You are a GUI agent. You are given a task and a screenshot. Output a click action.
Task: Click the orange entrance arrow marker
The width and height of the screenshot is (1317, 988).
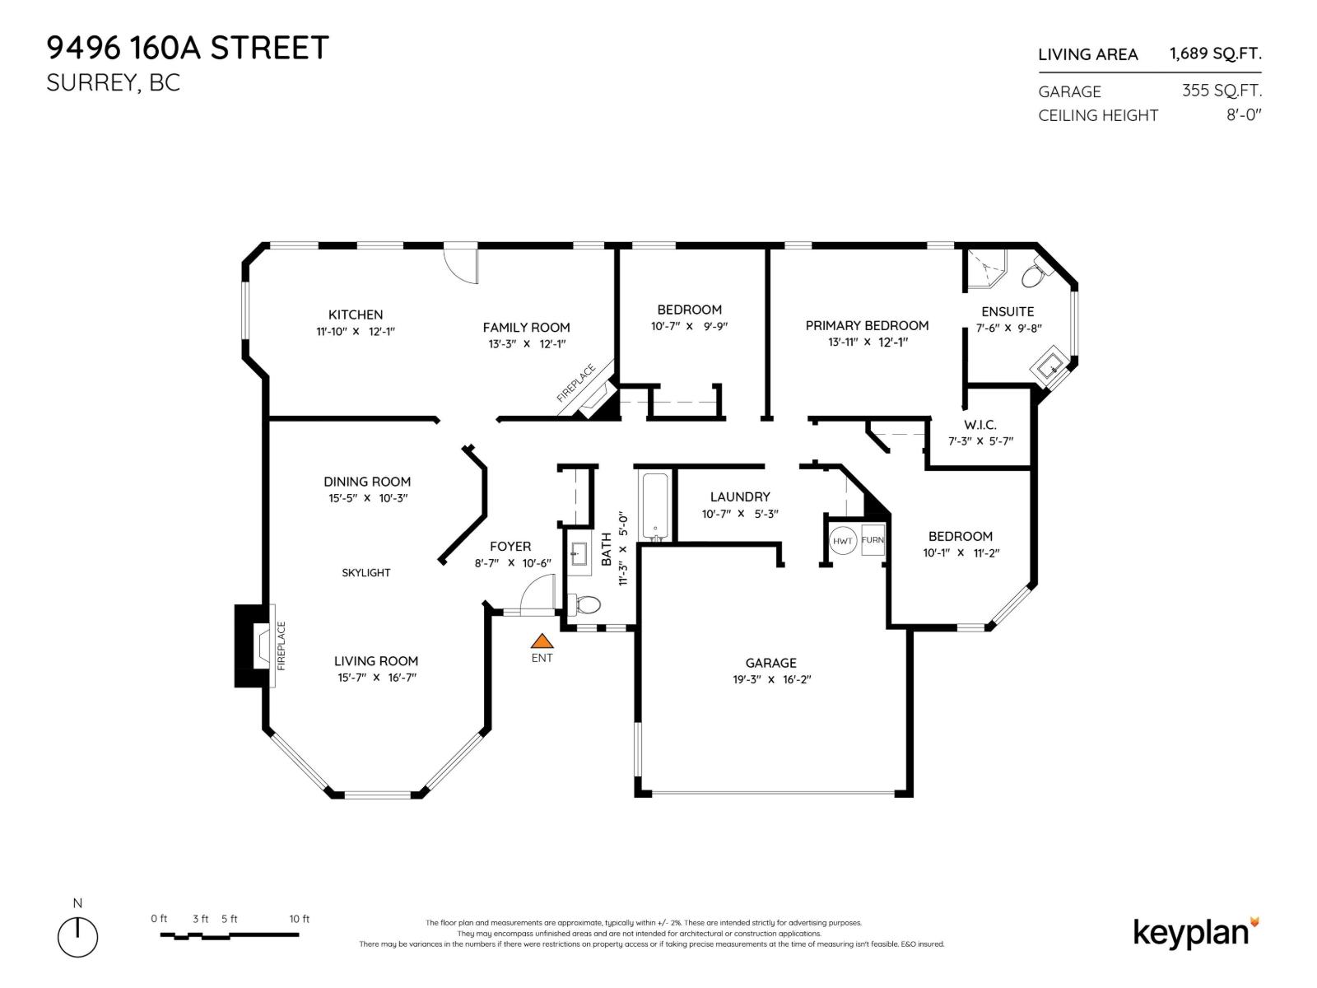[x=541, y=641]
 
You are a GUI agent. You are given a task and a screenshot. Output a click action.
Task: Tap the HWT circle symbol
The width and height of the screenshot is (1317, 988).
[x=843, y=541]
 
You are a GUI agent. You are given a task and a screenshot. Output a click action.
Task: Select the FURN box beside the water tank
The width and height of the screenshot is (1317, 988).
[x=873, y=540]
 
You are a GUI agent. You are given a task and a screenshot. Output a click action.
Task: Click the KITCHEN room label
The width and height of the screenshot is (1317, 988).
[x=356, y=315]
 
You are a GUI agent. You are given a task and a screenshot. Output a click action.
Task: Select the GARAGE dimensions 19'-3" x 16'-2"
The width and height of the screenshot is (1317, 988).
[x=771, y=680]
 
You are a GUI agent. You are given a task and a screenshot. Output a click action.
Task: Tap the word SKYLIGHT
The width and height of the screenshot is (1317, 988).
[x=366, y=572]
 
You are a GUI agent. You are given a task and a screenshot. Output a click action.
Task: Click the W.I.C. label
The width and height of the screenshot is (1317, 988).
[x=980, y=425]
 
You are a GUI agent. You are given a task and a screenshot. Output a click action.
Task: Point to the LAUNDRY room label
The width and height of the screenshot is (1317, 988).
[x=740, y=496]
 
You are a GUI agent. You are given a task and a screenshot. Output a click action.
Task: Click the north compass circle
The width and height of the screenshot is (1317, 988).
[x=77, y=937]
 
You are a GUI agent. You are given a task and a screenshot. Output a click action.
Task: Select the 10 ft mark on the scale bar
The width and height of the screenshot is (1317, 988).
[x=300, y=919]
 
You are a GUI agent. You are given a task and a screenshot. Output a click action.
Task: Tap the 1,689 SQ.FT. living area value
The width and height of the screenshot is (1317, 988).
[x=1215, y=54]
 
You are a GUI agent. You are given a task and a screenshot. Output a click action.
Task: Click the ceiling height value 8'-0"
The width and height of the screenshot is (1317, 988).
[x=1244, y=115]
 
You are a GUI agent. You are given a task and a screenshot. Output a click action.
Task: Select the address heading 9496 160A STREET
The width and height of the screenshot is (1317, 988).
[x=188, y=48]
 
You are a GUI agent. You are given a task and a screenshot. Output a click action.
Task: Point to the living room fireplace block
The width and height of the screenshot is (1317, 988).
[x=254, y=646]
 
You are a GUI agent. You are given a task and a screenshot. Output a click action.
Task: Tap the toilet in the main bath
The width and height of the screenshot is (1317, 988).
[x=586, y=605]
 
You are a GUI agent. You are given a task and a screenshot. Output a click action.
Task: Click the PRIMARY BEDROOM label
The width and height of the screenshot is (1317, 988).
[x=867, y=325]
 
